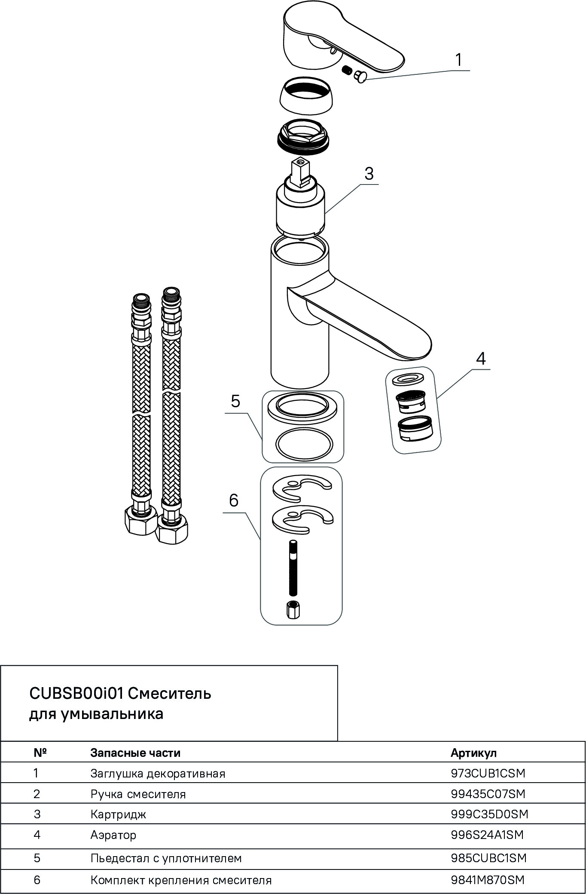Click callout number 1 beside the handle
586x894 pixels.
coord(458,60)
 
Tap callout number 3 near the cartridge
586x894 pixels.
coord(369,174)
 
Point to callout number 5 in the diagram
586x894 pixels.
coord(235,401)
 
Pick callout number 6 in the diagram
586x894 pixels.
coord(234,500)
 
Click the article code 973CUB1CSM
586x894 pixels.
coord(488,773)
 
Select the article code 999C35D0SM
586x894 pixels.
coord(489,814)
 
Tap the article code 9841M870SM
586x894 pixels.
coord(488,880)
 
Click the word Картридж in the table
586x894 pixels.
coord(118,814)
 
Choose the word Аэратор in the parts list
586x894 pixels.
coord(113,835)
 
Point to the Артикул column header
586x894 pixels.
coord(473,753)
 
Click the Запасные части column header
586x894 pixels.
coord(135,753)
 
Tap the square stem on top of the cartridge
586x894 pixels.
coord(299,172)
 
